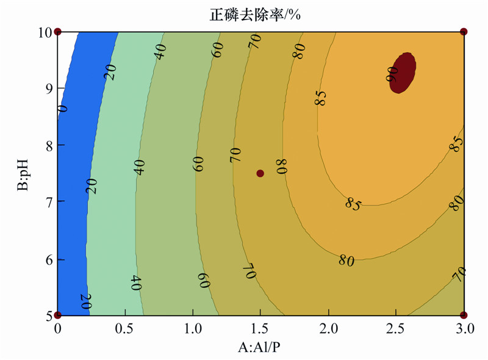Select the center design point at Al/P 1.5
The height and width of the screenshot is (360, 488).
pos(260,173)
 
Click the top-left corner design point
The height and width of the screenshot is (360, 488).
pos(58,31)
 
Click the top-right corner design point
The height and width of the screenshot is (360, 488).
pos(464,31)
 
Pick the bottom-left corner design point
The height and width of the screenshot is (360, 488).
pos(58,315)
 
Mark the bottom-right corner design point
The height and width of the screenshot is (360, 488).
pos(464,315)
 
